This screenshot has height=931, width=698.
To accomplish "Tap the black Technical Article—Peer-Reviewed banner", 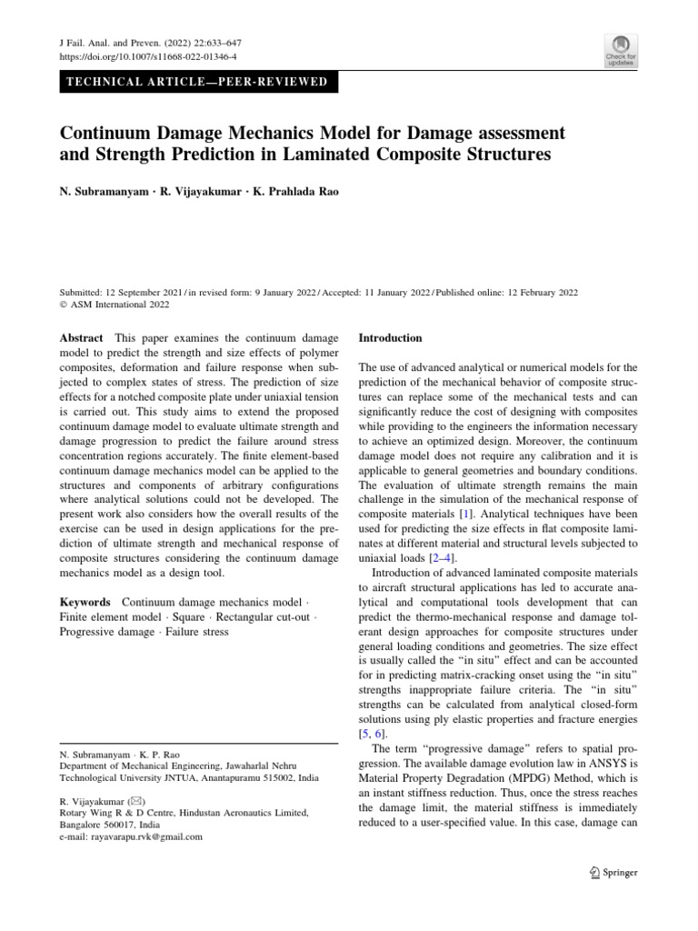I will coord(193,83).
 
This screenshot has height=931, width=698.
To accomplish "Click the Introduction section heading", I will coord(391,338).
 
